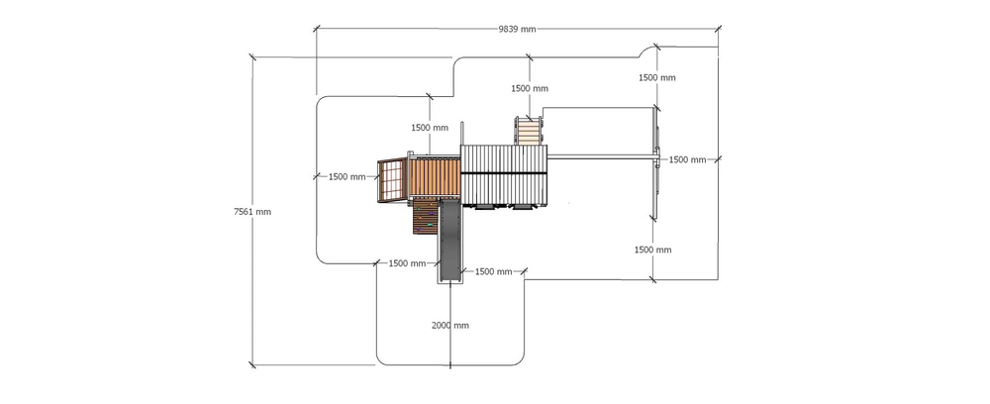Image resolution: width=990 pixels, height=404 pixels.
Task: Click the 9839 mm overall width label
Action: (x=517, y=29)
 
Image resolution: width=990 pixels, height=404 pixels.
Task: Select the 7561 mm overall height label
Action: (x=252, y=212)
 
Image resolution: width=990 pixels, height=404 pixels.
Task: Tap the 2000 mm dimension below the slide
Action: (x=450, y=326)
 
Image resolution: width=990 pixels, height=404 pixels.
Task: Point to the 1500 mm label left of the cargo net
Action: (x=346, y=176)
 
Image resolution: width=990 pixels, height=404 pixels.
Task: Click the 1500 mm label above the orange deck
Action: (x=430, y=128)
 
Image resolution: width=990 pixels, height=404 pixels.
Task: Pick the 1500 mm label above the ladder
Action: (x=530, y=88)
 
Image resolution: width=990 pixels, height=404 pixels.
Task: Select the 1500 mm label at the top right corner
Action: (x=656, y=77)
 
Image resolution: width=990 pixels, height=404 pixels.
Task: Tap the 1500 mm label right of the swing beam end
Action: (x=687, y=159)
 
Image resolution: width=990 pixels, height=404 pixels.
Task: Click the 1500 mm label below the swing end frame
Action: (x=652, y=250)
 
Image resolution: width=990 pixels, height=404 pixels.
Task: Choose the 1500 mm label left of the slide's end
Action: (x=407, y=263)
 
